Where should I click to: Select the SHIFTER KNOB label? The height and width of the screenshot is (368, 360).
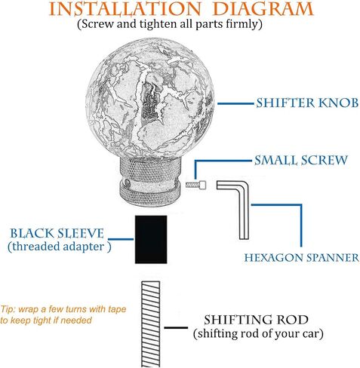pyautogui.click(x=307, y=103)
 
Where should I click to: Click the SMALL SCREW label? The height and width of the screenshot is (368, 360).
pyautogui.click(x=301, y=161)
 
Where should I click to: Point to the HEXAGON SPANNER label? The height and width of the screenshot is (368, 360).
pyautogui.click(x=302, y=258)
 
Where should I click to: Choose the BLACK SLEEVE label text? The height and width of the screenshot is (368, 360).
pyautogui.click(x=57, y=233)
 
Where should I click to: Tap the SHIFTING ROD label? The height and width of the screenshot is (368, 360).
pyautogui.click(x=256, y=320)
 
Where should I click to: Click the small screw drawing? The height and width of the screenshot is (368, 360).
pyautogui.click(x=195, y=185)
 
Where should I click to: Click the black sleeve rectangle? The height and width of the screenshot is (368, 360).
pyautogui.click(x=151, y=239)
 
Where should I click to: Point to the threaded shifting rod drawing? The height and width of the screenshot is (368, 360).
pyautogui.click(x=150, y=324)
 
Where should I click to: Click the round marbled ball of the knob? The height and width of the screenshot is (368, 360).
pyautogui.click(x=150, y=99)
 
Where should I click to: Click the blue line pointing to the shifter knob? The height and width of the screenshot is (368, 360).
pyautogui.click(x=235, y=103)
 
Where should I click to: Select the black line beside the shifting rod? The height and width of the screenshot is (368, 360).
pyautogui.click(x=176, y=327)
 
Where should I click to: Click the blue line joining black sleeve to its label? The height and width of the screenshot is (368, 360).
pyautogui.click(x=121, y=239)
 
